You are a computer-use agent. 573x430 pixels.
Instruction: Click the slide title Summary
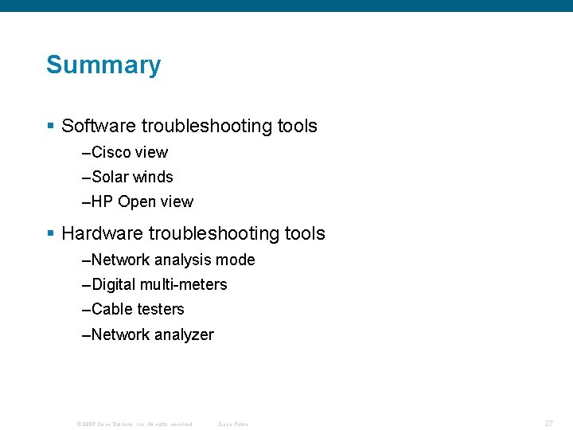click(103, 64)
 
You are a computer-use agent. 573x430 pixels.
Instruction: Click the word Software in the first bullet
click(99, 126)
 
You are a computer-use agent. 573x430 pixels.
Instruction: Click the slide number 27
click(548, 424)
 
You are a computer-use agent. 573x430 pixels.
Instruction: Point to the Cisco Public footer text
click(233, 424)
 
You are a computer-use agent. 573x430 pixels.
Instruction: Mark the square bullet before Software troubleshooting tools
click(50, 126)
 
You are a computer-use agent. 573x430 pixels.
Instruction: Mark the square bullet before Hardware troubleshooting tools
click(50, 233)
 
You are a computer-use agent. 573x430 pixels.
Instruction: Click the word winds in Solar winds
click(153, 177)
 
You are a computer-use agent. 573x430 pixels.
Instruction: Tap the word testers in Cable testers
click(161, 309)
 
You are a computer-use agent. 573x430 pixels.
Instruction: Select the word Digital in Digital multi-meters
click(114, 284)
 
